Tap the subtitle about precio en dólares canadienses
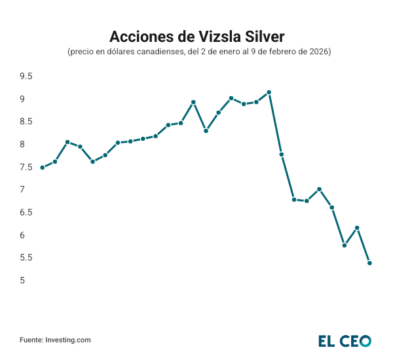point(196,52)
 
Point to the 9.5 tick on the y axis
point(26,76)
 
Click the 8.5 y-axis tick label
point(26,122)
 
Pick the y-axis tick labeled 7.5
point(26,167)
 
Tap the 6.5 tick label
point(26,212)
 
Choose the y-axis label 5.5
point(26,258)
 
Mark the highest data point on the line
point(269,92)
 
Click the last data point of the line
point(370,263)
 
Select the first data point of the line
point(43,168)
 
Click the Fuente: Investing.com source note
point(55,340)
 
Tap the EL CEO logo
point(345,340)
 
